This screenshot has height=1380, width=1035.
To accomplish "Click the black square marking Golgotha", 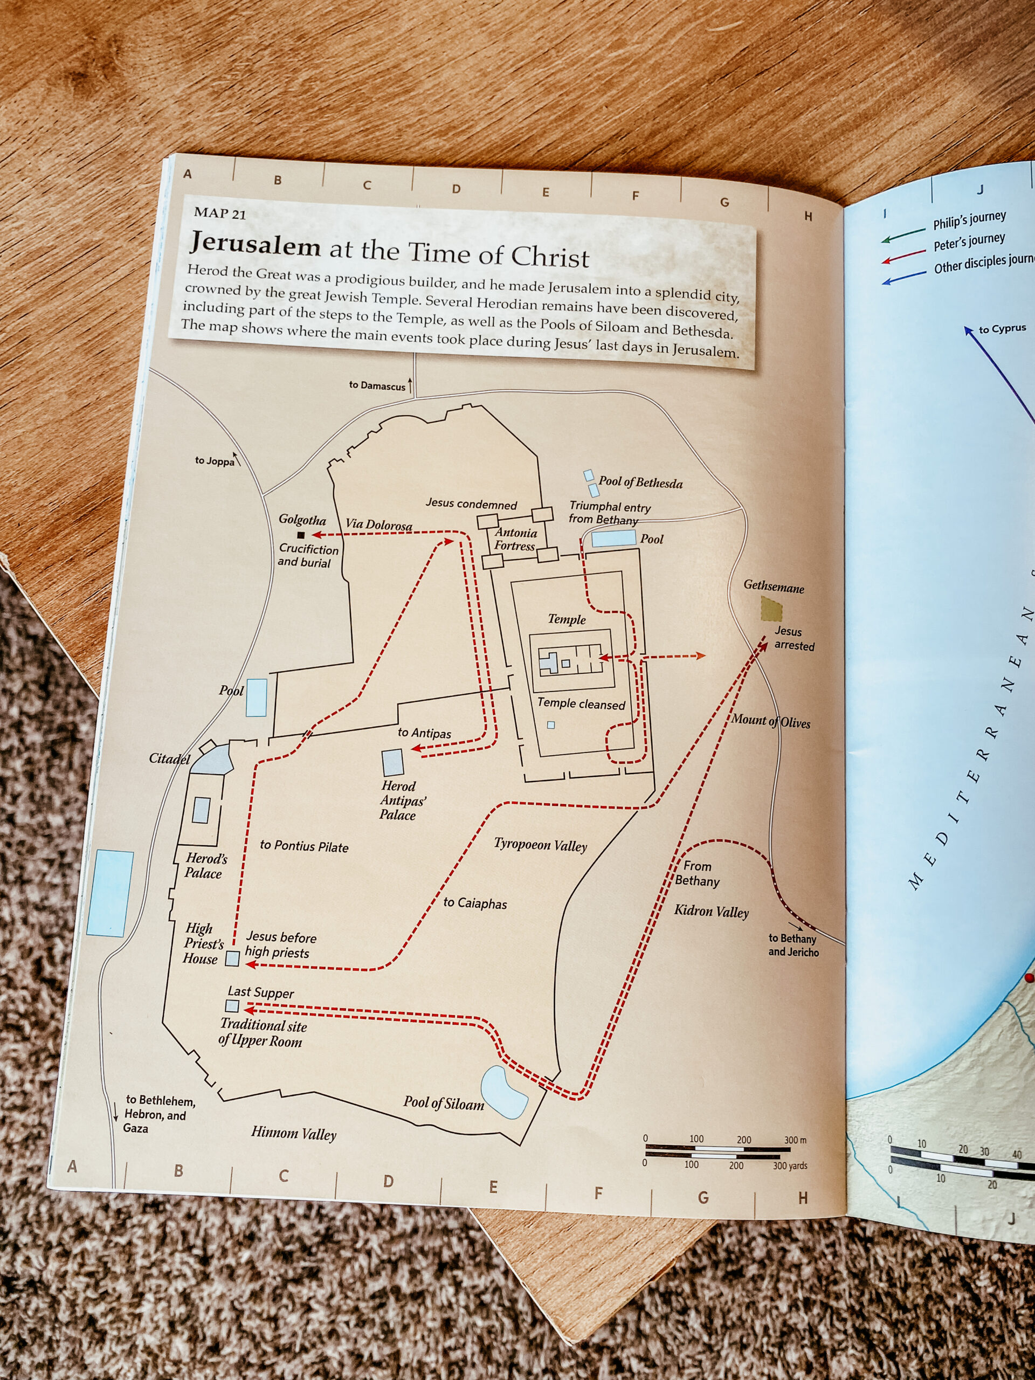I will (301, 535).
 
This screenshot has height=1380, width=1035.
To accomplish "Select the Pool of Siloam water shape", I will (505, 1092).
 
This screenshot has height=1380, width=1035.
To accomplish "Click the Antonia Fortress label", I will (515, 539).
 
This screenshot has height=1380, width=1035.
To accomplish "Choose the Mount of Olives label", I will (771, 721).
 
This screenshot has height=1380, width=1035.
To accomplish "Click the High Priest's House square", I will (232, 958).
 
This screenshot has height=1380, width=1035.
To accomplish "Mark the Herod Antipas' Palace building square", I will (393, 762).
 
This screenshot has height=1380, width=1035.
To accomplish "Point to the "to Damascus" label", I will (377, 385).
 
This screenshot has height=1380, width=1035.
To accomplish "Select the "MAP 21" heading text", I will (219, 213).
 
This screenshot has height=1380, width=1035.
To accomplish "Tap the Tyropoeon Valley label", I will (540, 845).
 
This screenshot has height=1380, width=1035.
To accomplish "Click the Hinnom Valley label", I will (293, 1133).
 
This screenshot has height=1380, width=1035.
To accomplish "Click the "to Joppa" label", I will (214, 461).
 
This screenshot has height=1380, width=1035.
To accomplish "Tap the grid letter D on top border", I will (456, 189).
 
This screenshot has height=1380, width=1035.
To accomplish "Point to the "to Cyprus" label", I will (1002, 329).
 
